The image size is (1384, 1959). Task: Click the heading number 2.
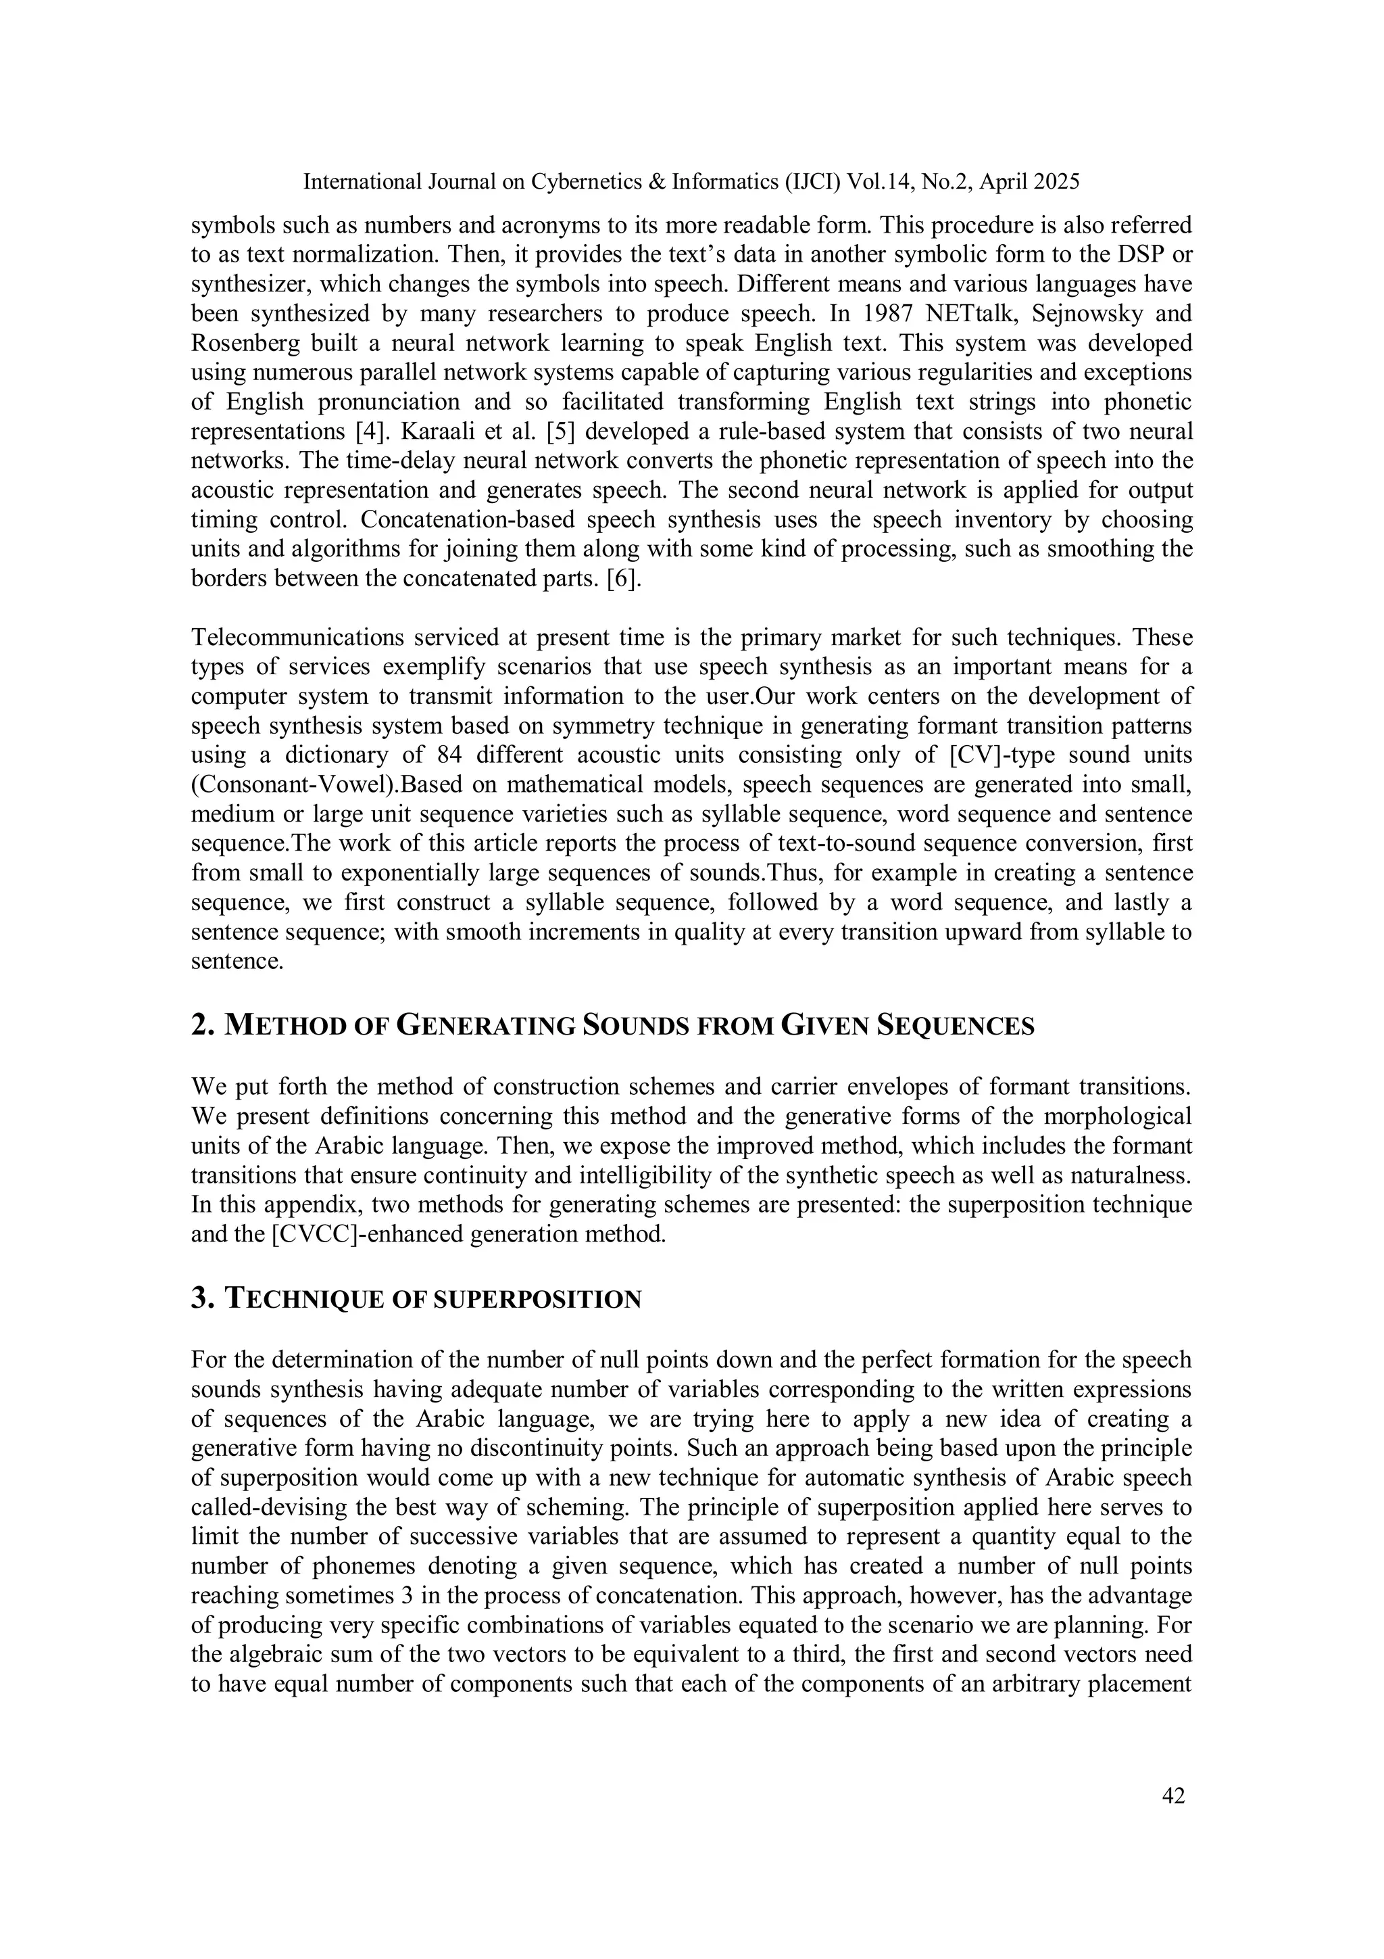[202, 1024]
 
